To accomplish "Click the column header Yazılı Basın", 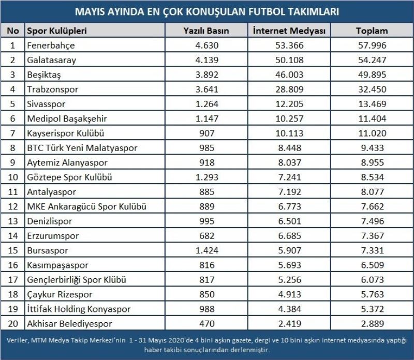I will click(206, 31).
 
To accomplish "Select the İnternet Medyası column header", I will click(289, 31).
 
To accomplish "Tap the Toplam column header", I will click(372, 31).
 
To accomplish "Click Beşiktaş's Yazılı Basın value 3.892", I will click(206, 74).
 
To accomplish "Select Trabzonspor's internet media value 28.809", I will click(289, 89).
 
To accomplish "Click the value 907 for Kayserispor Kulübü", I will click(206, 133).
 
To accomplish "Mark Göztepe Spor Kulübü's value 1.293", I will click(206, 177).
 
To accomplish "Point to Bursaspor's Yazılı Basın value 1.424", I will click(206, 250).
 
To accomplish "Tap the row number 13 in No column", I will click(12, 221).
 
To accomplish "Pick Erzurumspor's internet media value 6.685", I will click(289, 236).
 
